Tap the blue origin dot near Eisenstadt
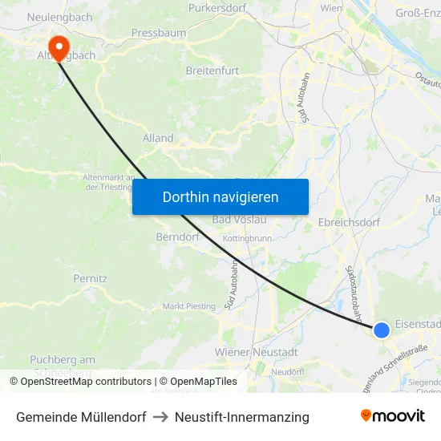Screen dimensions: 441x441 pyautogui.click(x=382, y=330)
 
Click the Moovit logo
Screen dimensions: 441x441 pyautogui.click(x=393, y=416)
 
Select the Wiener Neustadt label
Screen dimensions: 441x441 pyautogui.click(x=257, y=352)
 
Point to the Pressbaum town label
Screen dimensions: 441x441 pyautogui.click(x=159, y=33)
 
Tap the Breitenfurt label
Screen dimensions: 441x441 pyautogui.click(x=212, y=71)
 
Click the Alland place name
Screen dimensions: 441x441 pyautogui.click(x=157, y=138)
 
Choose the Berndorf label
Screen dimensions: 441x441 pyautogui.click(x=177, y=237)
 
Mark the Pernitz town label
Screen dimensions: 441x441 pyautogui.click(x=90, y=278)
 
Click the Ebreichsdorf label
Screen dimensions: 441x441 pyautogui.click(x=349, y=221)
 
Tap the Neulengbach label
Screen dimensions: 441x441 pyautogui.click(x=59, y=17)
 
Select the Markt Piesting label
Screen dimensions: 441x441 pyautogui.click(x=189, y=306)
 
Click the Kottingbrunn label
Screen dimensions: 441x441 pyautogui.click(x=248, y=238)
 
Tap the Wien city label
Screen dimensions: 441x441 pyautogui.click(x=331, y=7)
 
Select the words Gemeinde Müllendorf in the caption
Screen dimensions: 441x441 pyautogui.click(x=81, y=417)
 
